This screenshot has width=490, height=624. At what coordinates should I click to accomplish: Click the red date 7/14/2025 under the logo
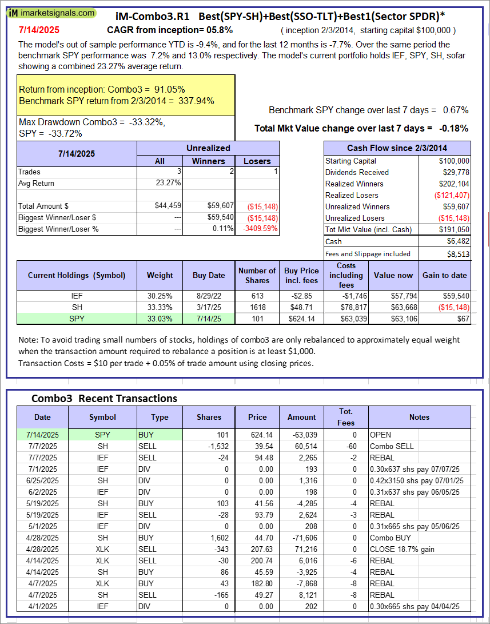point(38,30)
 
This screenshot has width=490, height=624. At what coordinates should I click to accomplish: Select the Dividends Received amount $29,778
point(455,172)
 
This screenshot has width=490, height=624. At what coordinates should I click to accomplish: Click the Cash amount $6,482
point(457,242)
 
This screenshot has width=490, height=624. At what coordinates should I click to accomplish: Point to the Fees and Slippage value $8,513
point(457,254)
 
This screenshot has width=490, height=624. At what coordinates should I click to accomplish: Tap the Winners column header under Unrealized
point(209,161)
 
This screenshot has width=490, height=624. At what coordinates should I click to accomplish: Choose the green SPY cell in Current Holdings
point(77,319)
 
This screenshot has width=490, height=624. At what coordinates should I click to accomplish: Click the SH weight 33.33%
point(160,307)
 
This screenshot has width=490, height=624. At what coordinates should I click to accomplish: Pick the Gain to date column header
point(445,275)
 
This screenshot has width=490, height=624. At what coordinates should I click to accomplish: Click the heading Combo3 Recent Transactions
point(104,399)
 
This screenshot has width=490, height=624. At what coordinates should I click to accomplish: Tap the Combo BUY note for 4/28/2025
point(391,538)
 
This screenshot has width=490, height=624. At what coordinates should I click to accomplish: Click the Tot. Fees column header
point(346,417)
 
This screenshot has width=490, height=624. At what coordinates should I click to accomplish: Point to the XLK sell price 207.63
point(257,549)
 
